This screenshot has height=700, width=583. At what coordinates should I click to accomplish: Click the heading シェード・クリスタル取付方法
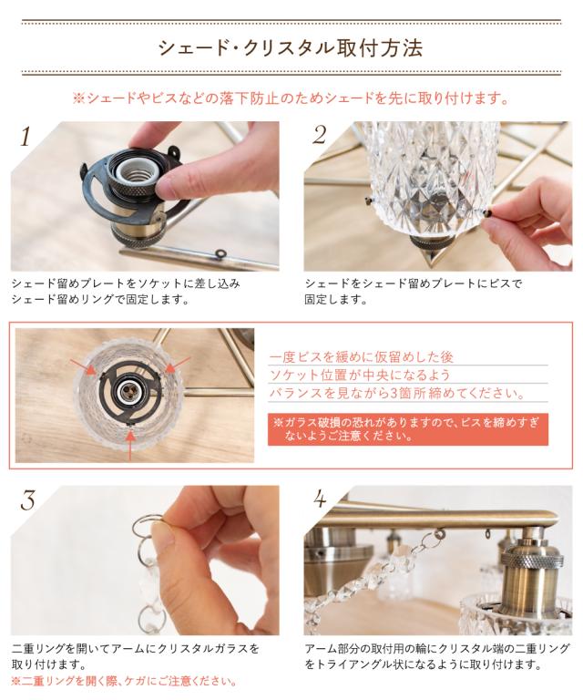[291, 47]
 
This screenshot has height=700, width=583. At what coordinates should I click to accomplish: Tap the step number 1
[26, 136]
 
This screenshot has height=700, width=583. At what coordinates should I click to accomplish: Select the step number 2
[320, 135]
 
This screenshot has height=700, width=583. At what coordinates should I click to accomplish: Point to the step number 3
[27, 500]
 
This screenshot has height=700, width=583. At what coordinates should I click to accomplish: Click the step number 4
[321, 499]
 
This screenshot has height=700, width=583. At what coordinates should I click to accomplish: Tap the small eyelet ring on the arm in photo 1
[220, 253]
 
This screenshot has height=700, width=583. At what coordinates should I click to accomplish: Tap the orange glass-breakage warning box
[408, 428]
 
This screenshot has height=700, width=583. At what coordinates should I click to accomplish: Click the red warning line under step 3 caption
[124, 681]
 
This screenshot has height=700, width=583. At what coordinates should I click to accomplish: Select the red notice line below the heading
[291, 98]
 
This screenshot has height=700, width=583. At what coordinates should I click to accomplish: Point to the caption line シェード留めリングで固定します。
[100, 299]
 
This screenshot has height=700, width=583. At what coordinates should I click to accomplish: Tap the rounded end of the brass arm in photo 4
[552, 520]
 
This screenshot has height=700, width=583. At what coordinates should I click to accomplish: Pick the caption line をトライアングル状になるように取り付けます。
[423, 664]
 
